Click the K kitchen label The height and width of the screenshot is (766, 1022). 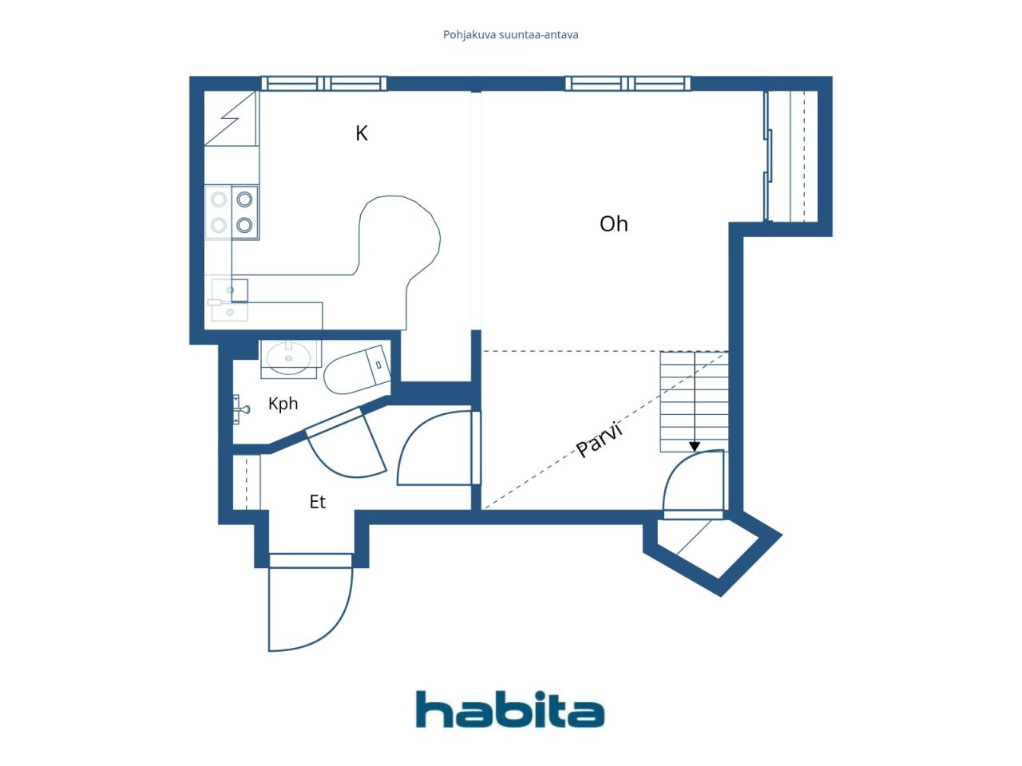(362, 133)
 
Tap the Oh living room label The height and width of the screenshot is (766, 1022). (613, 224)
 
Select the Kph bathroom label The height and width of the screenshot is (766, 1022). (283, 404)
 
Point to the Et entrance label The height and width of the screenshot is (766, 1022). (318, 501)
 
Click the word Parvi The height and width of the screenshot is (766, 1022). (600, 440)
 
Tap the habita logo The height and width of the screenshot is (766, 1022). (510, 709)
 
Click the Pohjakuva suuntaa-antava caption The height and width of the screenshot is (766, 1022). (510, 35)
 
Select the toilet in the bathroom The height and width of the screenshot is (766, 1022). (357, 369)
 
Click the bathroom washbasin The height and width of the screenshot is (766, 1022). (289, 358)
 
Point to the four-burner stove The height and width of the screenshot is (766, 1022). (232, 212)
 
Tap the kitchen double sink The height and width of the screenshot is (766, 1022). (229, 300)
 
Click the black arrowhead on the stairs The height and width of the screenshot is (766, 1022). (694, 447)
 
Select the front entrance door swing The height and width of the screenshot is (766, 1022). (311, 602)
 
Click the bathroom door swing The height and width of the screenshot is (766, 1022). (347, 444)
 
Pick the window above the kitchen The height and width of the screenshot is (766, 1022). (323, 84)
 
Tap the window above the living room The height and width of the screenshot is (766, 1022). (628, 84)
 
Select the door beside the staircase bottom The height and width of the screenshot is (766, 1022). (694, 484)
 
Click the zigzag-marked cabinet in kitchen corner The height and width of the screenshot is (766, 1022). (231, 118)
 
